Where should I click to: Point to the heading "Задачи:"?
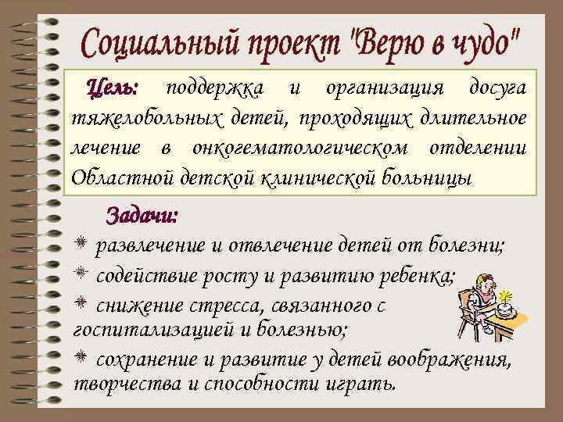pos(142,214)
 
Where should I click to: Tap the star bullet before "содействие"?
pos(81,274)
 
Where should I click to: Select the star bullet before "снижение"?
pos(81,302)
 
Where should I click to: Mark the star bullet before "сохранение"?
pos(81,359)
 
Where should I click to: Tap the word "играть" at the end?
pos(368,386)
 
